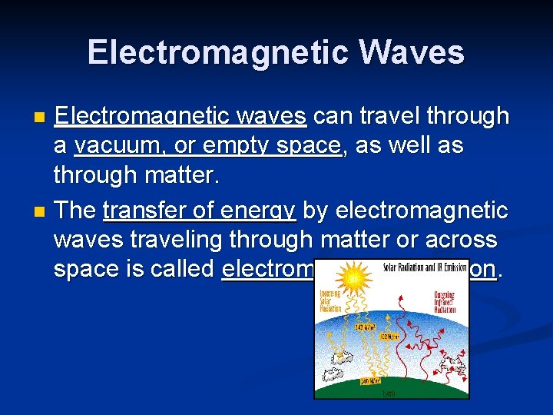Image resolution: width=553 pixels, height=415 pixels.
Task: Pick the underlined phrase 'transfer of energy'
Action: [200, 210]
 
